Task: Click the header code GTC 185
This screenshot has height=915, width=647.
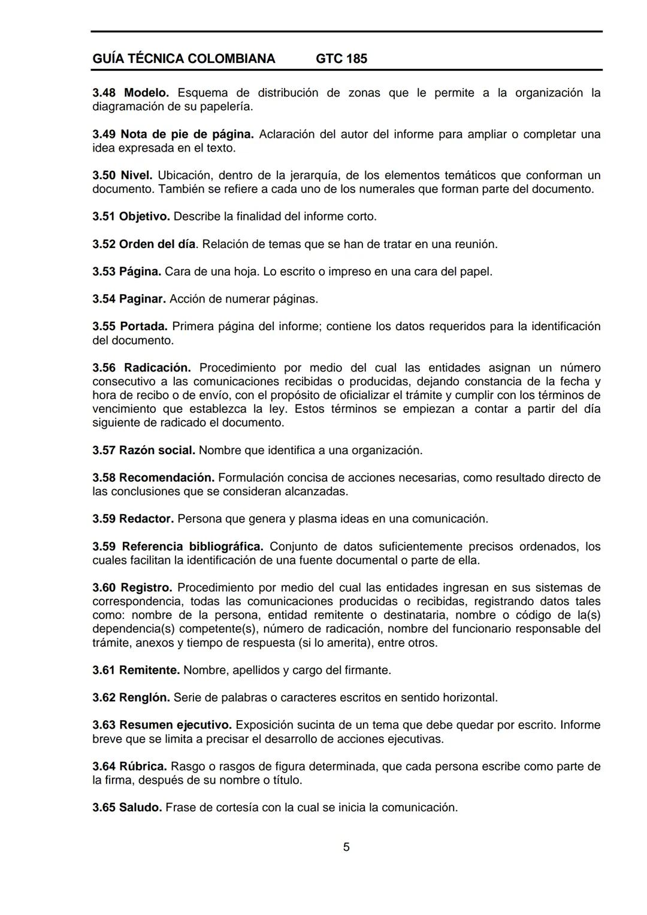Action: coord(341,59)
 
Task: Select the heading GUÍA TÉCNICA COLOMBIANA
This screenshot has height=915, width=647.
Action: coord(184,59)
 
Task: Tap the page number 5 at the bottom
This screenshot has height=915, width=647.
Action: coord(346,847)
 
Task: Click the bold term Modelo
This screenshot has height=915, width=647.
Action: coord(146,93)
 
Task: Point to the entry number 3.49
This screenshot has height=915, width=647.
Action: coord(104,134)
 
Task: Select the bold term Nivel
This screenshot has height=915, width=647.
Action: coord(137,176)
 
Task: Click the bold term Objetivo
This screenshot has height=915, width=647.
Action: coord(144,216)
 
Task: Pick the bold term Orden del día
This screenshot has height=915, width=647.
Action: coord(157,244)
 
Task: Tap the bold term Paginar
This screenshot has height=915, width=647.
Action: coord(142,299)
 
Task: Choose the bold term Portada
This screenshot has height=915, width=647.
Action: coord(144,327)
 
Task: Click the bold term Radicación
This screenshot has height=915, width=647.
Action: coord(157,368)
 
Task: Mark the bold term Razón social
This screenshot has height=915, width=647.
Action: coord(157,450)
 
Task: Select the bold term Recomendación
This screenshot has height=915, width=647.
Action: coord(167,478)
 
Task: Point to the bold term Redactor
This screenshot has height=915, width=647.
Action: coord(146,519)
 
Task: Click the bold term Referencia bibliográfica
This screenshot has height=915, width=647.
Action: coord(192,546)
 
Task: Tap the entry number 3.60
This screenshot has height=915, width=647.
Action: coord(104,588)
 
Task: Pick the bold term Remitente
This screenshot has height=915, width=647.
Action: coord(149,670)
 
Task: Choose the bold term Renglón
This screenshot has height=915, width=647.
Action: coord(144,697)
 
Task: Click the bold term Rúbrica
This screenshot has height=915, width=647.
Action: coord(143,766)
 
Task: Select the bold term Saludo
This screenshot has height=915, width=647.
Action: coord(140,807)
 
